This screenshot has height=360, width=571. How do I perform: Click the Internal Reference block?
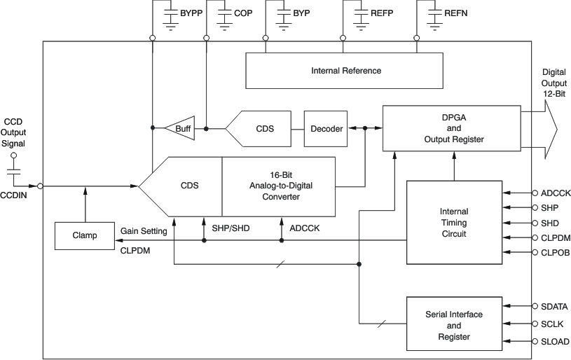[x=345, y=71]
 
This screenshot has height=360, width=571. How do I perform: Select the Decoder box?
[x=326, y=129]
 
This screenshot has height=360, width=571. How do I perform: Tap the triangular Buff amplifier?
[x=180, y=129]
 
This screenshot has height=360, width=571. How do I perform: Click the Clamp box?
[x=85, y=236]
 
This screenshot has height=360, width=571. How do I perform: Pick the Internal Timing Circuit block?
[x=453, y=222]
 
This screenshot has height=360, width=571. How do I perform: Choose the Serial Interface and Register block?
[x=453, y=326]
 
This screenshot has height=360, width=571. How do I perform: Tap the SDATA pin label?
[x=555, y=307]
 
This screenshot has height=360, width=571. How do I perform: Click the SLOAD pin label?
[x=555, y=342]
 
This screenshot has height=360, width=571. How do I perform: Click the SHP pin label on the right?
[x=549, y=207]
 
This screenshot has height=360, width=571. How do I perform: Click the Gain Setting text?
[x=144, y=231]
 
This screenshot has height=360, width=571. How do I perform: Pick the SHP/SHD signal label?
[x=231, y=228]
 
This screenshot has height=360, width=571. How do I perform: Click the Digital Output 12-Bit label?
[x=553, y=83]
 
